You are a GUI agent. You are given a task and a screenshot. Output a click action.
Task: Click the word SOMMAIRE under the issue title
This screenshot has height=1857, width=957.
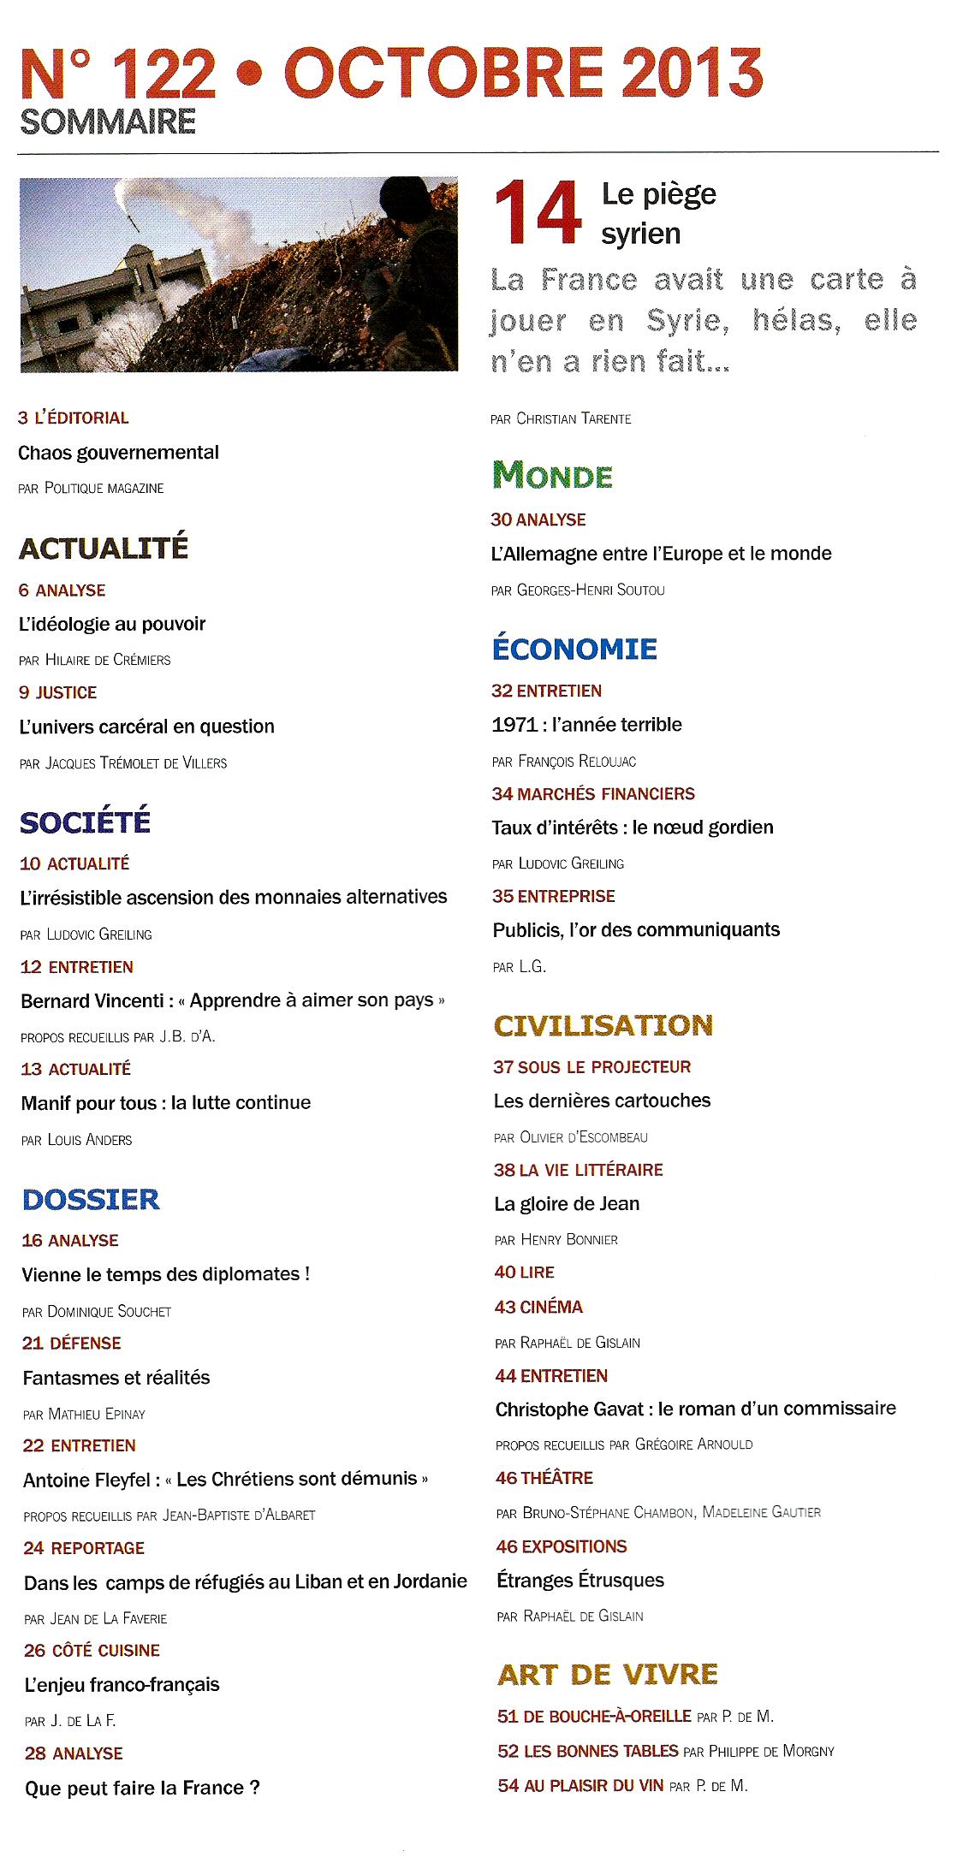tap(108, 122)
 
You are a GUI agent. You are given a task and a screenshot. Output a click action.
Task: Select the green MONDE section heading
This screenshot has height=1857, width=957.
tap(552, 475)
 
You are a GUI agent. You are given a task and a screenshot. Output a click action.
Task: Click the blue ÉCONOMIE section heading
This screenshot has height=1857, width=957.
tap(574, 648)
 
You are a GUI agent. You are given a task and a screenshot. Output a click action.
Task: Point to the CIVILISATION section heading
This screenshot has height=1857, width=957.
tap(603, 1024)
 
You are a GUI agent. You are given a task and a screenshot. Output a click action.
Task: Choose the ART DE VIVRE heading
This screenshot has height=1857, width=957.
tap(607, 1673)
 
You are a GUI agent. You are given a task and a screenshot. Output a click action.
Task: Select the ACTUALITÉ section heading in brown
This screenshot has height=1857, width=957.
tap(103, 548)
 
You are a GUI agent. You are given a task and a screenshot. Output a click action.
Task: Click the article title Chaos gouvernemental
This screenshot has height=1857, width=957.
tap(118, 453)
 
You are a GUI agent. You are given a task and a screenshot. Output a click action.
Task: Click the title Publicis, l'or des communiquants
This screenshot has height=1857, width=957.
tap(636, 929)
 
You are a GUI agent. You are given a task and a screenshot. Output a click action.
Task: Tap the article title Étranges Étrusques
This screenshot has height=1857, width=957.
tap(580, 1580)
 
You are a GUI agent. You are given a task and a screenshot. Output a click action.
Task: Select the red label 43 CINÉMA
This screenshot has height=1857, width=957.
tap(538, 1307)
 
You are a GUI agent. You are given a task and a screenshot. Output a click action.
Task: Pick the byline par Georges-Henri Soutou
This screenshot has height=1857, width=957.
tap(578, 590)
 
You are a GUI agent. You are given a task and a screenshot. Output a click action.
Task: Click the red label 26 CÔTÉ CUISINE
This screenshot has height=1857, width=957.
tap(92, 1650)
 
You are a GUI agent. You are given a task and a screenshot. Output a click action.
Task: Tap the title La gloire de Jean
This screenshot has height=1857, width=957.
tap(567, 1203)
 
